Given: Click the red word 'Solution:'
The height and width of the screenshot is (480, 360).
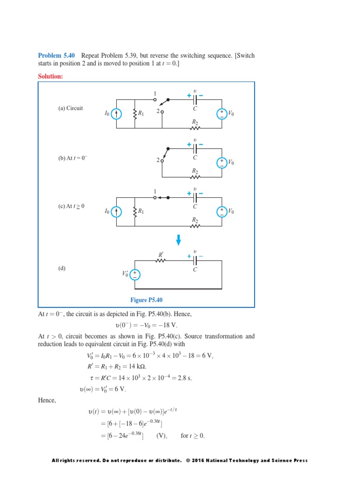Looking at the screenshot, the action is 50,76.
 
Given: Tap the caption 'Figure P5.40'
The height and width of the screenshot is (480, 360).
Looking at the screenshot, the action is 146,300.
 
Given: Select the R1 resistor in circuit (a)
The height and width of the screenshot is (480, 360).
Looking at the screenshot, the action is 135,114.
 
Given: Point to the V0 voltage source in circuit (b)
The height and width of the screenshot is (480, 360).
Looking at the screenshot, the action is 221,163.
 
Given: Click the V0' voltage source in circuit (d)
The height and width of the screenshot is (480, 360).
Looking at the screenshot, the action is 135,275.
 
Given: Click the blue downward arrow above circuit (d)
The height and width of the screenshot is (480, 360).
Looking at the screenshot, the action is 178,240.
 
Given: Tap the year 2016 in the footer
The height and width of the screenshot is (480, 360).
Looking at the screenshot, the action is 199,460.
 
